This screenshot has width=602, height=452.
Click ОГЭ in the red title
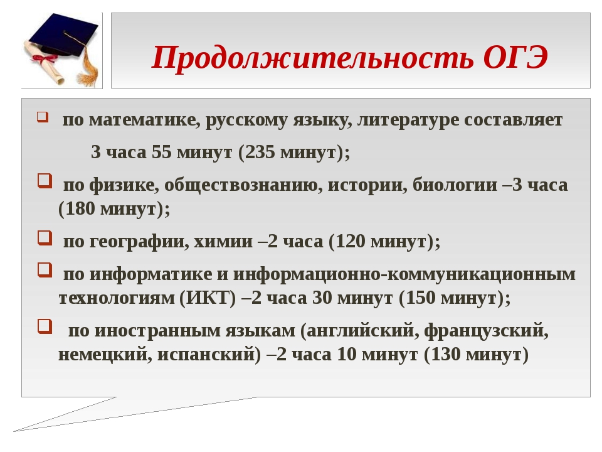click(515, 57)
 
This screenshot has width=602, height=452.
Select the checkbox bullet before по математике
click(43, 117)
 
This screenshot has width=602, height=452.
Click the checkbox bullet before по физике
click(45, 181)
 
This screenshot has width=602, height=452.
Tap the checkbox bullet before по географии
click(45, 237)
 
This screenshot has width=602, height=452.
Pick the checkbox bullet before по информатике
click(45, 270)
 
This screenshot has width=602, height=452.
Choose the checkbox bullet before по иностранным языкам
click(45, 326)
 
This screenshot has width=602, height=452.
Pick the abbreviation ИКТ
click(208, 298)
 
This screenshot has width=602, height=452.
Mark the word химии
click(223, 241)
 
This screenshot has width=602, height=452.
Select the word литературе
click(408, 121)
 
